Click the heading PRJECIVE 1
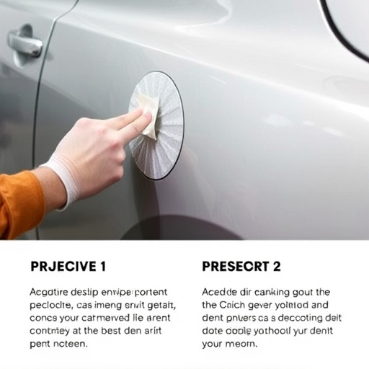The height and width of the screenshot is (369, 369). (x=68, y=267)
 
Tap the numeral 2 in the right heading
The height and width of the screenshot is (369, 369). (x=276, y=267)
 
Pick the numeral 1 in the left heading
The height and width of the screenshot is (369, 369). (x=102, y=267)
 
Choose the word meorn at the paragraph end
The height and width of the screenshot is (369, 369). (x=241, y=344)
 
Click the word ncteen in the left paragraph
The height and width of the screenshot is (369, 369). (x=74, y=344)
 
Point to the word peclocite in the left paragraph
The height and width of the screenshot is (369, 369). (x=54, y=306)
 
